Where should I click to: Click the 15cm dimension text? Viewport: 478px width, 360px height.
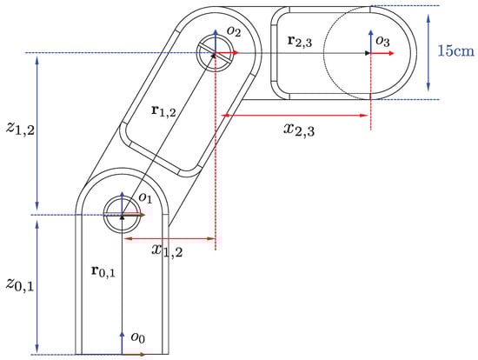456,50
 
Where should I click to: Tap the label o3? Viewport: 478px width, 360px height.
382,41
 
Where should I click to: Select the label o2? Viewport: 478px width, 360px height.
234,31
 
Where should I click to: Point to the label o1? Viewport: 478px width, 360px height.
145,197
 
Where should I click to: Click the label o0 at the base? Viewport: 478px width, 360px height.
138,337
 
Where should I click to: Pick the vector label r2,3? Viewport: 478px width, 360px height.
300,41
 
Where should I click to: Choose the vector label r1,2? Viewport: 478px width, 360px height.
163,110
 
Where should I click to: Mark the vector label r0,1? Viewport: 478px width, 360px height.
103,271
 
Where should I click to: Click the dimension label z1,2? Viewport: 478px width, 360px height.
20,129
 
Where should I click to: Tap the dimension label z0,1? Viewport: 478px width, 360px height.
20,284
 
